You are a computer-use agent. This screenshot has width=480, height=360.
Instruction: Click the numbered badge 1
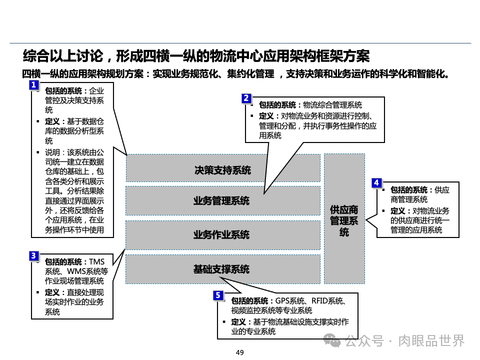click(33, 85)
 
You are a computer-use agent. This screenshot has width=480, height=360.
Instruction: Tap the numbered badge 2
click(246, 98)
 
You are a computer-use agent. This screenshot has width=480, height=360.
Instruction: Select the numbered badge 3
click(33, 256)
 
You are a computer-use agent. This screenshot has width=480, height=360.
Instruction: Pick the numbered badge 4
click(377, 183)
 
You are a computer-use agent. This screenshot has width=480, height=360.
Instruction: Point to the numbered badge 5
click(218, 295)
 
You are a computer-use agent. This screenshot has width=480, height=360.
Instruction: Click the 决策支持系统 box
click(222, 170)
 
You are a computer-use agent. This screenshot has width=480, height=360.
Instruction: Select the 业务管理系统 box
click(222, 201)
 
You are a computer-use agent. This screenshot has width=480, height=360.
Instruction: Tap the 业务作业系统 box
click(222, 234)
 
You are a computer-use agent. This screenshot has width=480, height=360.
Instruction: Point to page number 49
click(239, 352)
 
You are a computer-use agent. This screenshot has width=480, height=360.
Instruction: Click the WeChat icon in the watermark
click(332, 341)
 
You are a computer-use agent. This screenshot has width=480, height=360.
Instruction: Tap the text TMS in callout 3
click(96, 262)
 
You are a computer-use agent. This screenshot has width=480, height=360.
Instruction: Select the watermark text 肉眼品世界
click(431, 341)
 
